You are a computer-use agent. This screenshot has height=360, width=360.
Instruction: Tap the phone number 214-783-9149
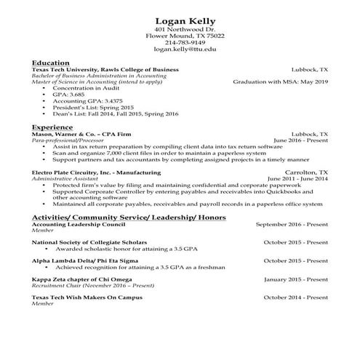point(180,42)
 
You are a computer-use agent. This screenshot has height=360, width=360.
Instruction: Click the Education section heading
point(51,63)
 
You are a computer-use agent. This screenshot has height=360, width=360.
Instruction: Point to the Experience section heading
point(52,126)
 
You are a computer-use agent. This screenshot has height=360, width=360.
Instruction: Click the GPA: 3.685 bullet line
point(69,95)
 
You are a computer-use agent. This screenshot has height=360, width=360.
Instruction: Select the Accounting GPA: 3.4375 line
point(82,101)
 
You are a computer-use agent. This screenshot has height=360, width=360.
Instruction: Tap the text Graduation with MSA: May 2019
point(280,82)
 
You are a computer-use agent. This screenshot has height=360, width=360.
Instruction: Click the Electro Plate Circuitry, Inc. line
point(96,172)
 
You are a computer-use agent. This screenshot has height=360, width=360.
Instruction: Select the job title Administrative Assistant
point(65,179)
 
